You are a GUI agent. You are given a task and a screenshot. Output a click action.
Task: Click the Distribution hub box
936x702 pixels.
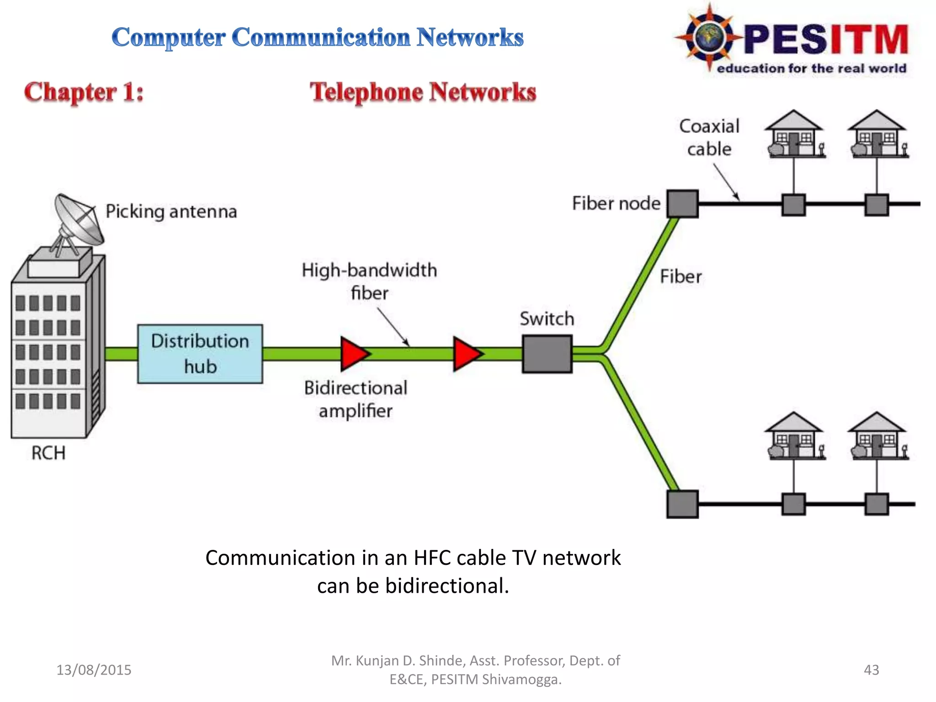(x=200, y=354)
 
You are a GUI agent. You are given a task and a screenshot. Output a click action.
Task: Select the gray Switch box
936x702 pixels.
(x=547, y=354)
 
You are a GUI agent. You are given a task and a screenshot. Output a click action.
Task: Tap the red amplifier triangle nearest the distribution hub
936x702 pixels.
(x=353, y=354)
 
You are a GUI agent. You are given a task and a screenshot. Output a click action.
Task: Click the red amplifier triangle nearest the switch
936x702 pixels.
(x=466, y=354)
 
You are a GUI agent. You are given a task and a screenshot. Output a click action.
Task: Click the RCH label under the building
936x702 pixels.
(x=48, y=453)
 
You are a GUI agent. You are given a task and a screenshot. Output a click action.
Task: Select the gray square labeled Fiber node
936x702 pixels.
(x=682, y=204)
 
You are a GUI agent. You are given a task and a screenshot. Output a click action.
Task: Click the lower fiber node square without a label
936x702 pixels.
(x=682, y=504)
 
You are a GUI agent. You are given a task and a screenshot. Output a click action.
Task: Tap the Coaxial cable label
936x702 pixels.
(x=709, y=138)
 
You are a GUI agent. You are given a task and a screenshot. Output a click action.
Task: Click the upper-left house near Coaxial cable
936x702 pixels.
(x=794, y=134)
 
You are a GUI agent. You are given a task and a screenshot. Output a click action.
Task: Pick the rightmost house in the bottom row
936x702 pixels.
(x=877, y=436)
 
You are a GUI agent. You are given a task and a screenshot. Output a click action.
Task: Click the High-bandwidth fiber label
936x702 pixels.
(x=369, y=281)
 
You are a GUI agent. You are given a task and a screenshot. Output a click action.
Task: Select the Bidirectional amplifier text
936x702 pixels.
(x=356, y=399)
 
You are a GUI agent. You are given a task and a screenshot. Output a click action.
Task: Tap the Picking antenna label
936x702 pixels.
(x=171, y=212)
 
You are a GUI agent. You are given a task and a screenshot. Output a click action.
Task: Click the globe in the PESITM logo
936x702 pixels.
(x=709, y=37)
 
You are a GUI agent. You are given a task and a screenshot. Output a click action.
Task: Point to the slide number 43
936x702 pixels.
(x=871, y=670)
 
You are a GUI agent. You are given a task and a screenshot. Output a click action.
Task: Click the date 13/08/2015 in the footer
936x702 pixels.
(x=94, y=670)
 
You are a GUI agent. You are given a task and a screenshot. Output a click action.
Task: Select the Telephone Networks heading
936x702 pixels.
(x=423, y=92)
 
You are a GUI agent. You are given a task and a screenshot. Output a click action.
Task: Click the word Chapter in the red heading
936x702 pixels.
(x=71, y=92)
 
